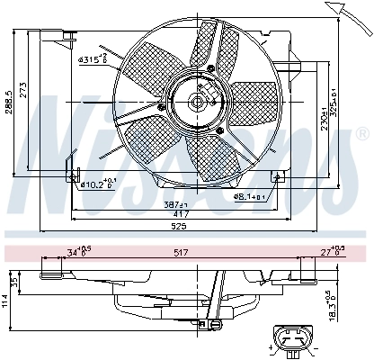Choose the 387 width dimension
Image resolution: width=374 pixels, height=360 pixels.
click(167, 206)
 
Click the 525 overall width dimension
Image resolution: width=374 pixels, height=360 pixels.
click(183, 228)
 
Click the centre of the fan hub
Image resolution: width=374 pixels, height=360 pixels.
click(197, 102)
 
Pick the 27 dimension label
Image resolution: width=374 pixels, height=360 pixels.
click(331, 252)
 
